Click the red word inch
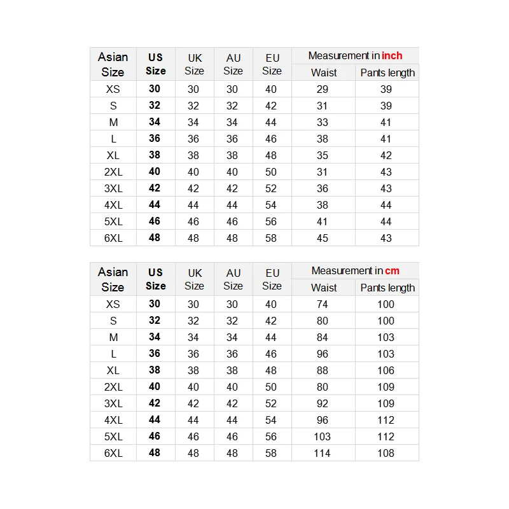(x=392, y=56)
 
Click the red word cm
(x=392, y=271)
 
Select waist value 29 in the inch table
(x=322, y=89)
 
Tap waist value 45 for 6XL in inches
(x=322, y=238)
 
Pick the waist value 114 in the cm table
(x=322, y=453)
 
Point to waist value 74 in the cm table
(x=322, y=304)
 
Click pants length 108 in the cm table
(x=386, y=453)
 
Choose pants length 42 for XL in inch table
(x=386, y=155)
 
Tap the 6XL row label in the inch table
(x=113, y=238)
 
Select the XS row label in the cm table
(x=113, y=304)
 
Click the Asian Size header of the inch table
(x=113, y=64)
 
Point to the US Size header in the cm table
(x=155, y=279)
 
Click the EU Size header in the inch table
(x=272, y=64)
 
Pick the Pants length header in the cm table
(x=387, y=288)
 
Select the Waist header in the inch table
(x=324, y=73)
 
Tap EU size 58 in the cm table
(x=271, y=453)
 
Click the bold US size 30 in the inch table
(x=155, y=89)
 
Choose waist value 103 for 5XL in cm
(x=322, y=436)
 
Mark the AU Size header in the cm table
(x=234, y=279)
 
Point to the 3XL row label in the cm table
(x=113, y=403)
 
